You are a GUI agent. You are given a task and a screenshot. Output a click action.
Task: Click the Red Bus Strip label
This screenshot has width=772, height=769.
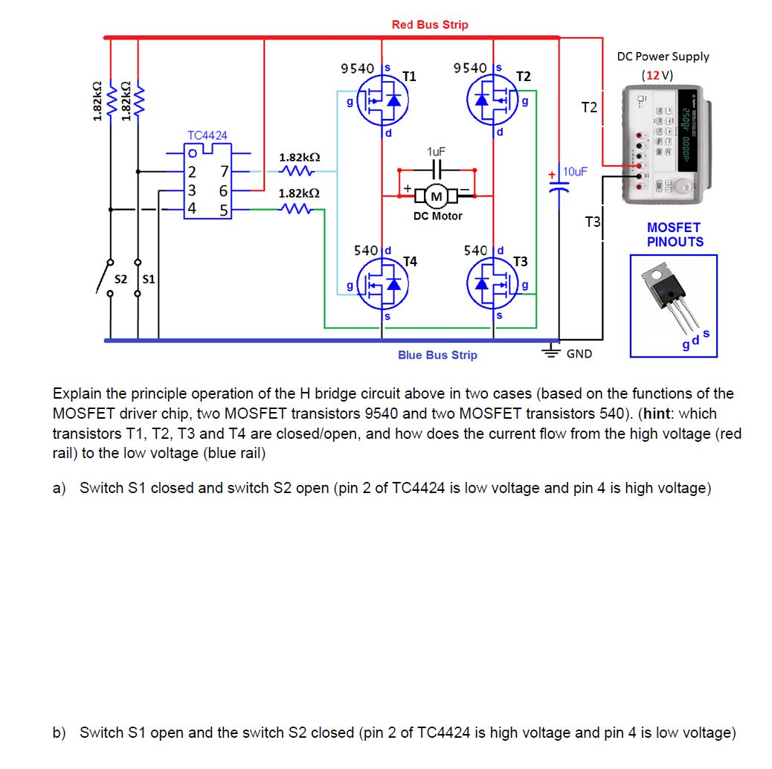[x=430, y=25]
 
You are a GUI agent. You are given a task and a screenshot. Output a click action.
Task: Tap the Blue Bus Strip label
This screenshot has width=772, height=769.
[x=437, y=355]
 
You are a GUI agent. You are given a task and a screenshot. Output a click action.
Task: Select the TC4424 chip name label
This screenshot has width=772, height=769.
[x=208, y=135]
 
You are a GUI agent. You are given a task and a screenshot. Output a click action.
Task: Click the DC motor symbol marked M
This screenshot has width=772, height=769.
[x=437, y=196]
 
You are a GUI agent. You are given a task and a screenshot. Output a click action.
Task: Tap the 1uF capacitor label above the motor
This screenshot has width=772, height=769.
[x=437, y=151]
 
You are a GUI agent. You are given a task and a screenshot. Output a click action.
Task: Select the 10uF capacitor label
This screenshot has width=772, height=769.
[x=576, y=172]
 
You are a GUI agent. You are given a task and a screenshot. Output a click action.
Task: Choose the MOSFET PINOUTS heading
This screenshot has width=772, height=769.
[x=674, y=234]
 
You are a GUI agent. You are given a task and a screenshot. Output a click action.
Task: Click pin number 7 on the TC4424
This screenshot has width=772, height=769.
[x=224, y=173]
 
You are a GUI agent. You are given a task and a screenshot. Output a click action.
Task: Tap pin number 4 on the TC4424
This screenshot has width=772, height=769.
[x=191, y=207]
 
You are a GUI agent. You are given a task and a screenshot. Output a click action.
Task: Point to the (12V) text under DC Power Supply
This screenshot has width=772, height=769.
[x=657, y=75]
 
